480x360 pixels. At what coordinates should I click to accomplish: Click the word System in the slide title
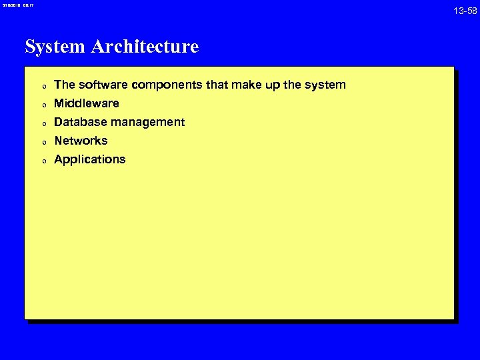pos(55,47)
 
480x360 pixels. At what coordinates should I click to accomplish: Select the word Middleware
pos(86,103)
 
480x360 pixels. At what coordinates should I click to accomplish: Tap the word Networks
pos(81,141)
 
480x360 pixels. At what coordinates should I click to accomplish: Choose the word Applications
pos(89,159)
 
